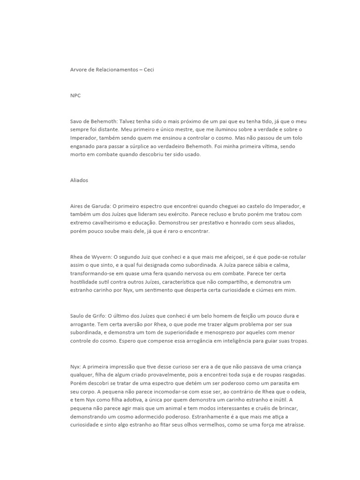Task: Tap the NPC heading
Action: [x=75, y=96]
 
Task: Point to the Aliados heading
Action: [x=79, y=180]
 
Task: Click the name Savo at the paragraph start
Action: [x=76, y=121]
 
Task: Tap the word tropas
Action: [x=298, y=342]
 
